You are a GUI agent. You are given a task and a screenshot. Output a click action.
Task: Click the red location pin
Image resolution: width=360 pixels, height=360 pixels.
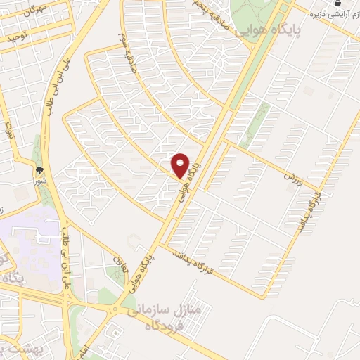tap(181, 165)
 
